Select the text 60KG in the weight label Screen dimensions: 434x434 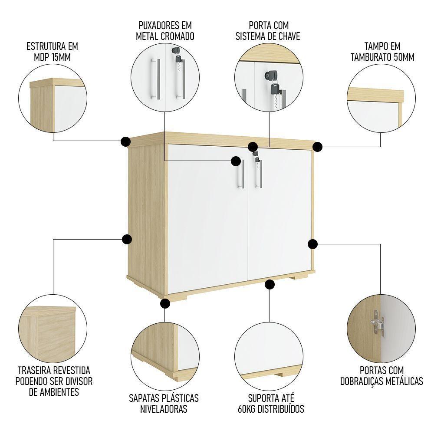[250, 409]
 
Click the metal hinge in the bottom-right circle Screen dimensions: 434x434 [377, 324]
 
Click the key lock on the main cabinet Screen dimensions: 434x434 [255, 154]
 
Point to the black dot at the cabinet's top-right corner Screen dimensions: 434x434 [318, 147]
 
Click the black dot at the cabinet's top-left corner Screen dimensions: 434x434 [125, 141]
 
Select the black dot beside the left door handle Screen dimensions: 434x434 [236, 161]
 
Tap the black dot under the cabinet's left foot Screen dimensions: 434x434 [164, 303]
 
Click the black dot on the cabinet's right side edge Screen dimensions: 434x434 [313, 244]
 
